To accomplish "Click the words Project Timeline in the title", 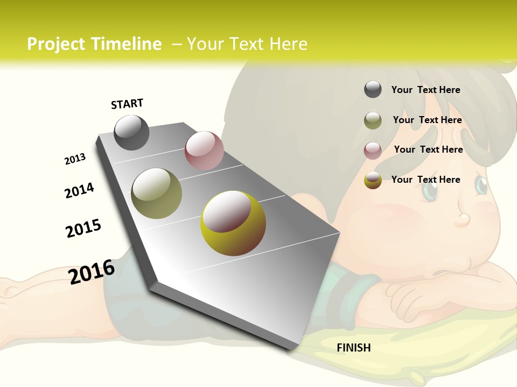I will (94, 44).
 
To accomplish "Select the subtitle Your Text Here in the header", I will (247, 44).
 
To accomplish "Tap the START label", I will (127, 104).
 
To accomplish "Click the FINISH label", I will (353, 348).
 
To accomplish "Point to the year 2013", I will (75, 159).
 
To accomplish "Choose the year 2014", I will (79, 190).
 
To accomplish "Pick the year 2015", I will (83, 228).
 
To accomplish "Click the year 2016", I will (92, 271).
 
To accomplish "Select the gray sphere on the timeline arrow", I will (131, 132).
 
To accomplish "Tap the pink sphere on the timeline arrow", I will (204, 150).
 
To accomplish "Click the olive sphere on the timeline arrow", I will (157, 193).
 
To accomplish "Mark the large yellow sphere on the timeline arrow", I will (233, 223).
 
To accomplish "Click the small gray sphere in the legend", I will (373, 90).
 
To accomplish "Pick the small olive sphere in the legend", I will (373, 120).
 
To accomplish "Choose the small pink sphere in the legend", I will (373, 150).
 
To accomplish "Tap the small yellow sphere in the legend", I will (373, 180).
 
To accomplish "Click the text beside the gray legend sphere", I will (425, 90).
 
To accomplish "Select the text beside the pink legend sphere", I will (428, 149).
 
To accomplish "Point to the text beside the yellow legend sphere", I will (425, 180).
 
